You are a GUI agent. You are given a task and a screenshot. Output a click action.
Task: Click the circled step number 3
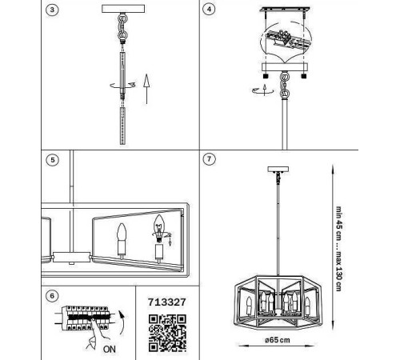point(52,10)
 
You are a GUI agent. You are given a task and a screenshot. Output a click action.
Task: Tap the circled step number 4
point(209,9)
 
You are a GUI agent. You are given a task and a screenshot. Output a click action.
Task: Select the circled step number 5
point(52,160)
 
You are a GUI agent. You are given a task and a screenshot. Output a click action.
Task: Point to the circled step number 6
point(52,296)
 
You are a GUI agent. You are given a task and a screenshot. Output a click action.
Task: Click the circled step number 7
point(209,159)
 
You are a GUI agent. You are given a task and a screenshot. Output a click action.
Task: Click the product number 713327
point(167,302)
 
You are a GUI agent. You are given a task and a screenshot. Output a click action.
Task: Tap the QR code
point(167,333)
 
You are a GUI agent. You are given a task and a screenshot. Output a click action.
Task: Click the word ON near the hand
point(110,349)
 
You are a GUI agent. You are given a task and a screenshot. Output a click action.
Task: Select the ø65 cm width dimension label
point(278,340)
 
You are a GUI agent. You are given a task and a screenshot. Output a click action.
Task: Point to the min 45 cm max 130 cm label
point(338,249)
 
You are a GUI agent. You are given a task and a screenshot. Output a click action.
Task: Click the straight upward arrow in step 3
point(146,89)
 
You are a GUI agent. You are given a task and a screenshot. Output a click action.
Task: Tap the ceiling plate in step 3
point(123,9)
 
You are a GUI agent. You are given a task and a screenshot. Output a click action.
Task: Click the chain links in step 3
point(122,26)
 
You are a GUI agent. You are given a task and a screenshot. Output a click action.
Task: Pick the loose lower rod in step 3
point(122,126)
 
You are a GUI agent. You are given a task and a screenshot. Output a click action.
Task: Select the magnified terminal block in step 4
point(286,39)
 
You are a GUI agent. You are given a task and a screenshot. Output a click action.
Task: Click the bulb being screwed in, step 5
point(159,229)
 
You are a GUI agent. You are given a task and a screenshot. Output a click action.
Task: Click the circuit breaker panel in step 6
point(86,318)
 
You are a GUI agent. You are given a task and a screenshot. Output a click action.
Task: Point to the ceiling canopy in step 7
point(278,170)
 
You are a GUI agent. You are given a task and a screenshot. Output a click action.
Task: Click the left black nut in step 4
point(266,76)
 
